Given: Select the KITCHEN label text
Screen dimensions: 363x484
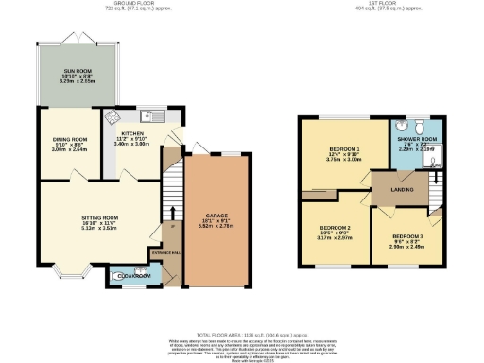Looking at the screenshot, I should point(131,133).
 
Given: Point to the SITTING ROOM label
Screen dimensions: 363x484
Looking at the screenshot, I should point(98,217).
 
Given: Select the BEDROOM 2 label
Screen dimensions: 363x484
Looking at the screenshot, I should point(336,228).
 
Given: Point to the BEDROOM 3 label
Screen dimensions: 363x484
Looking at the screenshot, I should point(407,235).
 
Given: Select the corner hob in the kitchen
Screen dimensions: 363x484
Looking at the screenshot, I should point(112,117).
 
